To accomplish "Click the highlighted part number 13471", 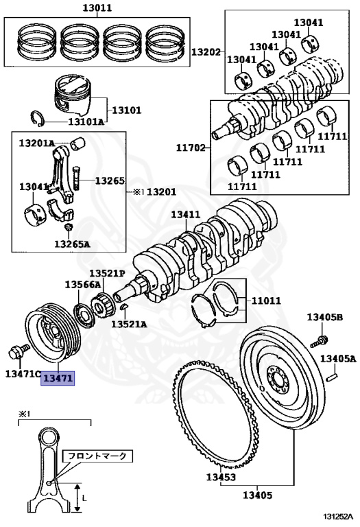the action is coord(58,379).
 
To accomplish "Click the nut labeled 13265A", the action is coord(69,228).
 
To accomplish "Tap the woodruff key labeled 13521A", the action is coord(123,307).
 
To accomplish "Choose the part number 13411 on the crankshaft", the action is coord(185,214).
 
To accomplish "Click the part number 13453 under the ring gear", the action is coord(221,477).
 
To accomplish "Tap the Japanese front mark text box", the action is coord(97,456).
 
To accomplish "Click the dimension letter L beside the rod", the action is coord(84,497).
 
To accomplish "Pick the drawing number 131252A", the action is coord(338,516).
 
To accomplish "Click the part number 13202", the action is coord(206,52).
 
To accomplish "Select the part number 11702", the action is coord(191,148).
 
